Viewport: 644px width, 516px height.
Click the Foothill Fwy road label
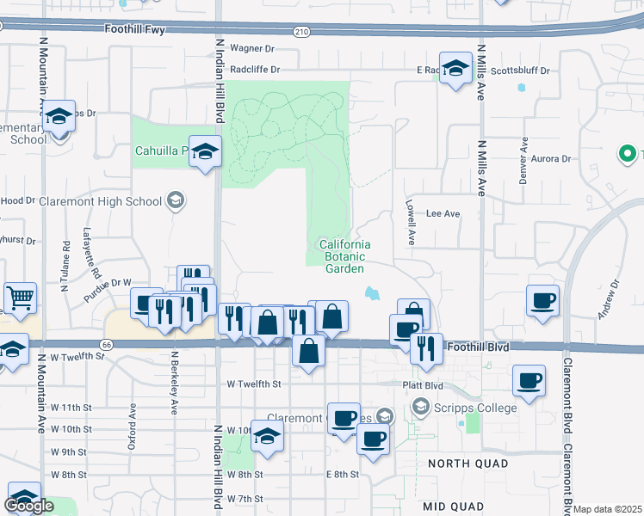pos(134,29)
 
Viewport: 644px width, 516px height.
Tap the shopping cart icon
pos(21,298)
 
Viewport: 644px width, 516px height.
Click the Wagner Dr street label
pos(251,49)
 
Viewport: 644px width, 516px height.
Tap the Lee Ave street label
pos(443,213)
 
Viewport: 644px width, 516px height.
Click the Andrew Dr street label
pos(614,296)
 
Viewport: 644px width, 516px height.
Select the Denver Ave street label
pos(523,162)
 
